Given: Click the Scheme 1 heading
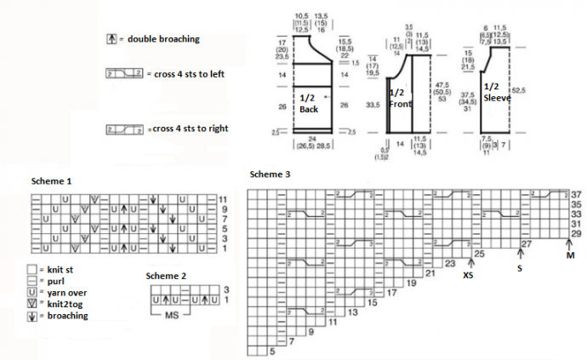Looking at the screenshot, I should (52, 181).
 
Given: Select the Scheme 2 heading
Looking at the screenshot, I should (166, 276).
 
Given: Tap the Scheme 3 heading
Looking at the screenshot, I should (271, 174).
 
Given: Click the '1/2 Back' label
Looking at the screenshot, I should (309, 103).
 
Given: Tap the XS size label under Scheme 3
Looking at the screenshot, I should (468, 275).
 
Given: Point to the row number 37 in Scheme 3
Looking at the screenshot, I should (576, 195).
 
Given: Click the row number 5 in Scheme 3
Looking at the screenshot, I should (272, 351).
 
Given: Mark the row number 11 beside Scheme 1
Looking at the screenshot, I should (223, 198).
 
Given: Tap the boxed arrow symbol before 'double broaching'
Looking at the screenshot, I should (111, 39).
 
